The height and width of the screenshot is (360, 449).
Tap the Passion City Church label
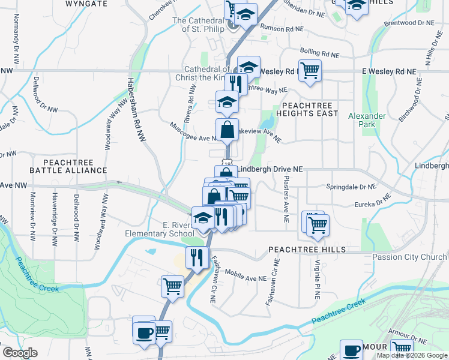[x=409, y=257]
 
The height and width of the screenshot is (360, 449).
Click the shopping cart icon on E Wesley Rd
[x=310, y=70]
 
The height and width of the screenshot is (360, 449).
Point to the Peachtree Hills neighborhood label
[x=307, y=249]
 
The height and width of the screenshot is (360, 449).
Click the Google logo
[x=20, y=353]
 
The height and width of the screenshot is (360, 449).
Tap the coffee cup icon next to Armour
[x=351, y=350]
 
